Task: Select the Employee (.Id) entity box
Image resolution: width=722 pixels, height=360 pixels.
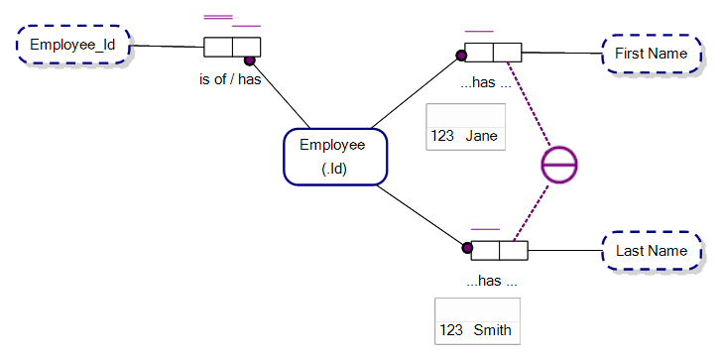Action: pos(332,157)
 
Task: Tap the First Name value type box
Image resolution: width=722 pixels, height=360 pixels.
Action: pos(651,54)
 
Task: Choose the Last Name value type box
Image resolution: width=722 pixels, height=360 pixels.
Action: pos(651,252)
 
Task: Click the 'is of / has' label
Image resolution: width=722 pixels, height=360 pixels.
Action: pos(230,79)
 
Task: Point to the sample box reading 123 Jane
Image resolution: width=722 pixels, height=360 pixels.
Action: pos(465,126)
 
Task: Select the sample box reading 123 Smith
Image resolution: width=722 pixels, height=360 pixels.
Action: pos(476,319)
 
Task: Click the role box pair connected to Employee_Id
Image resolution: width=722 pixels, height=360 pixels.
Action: pos(232,48)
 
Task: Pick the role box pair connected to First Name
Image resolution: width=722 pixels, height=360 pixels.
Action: pos(493,54)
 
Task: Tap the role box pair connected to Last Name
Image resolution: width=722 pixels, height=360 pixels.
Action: pos(499,250)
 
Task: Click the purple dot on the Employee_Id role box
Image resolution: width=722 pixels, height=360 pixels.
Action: pos(250,60)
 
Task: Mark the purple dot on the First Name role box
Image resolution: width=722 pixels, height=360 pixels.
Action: pos(461,55)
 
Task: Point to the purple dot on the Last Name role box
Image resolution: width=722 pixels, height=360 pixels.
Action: pos(467,248)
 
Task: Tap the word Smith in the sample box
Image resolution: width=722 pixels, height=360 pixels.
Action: pos(492,329)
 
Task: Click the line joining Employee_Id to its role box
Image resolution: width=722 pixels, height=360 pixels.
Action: pos(169,46)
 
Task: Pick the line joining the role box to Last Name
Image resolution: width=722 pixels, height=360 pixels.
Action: pos(565,251)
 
